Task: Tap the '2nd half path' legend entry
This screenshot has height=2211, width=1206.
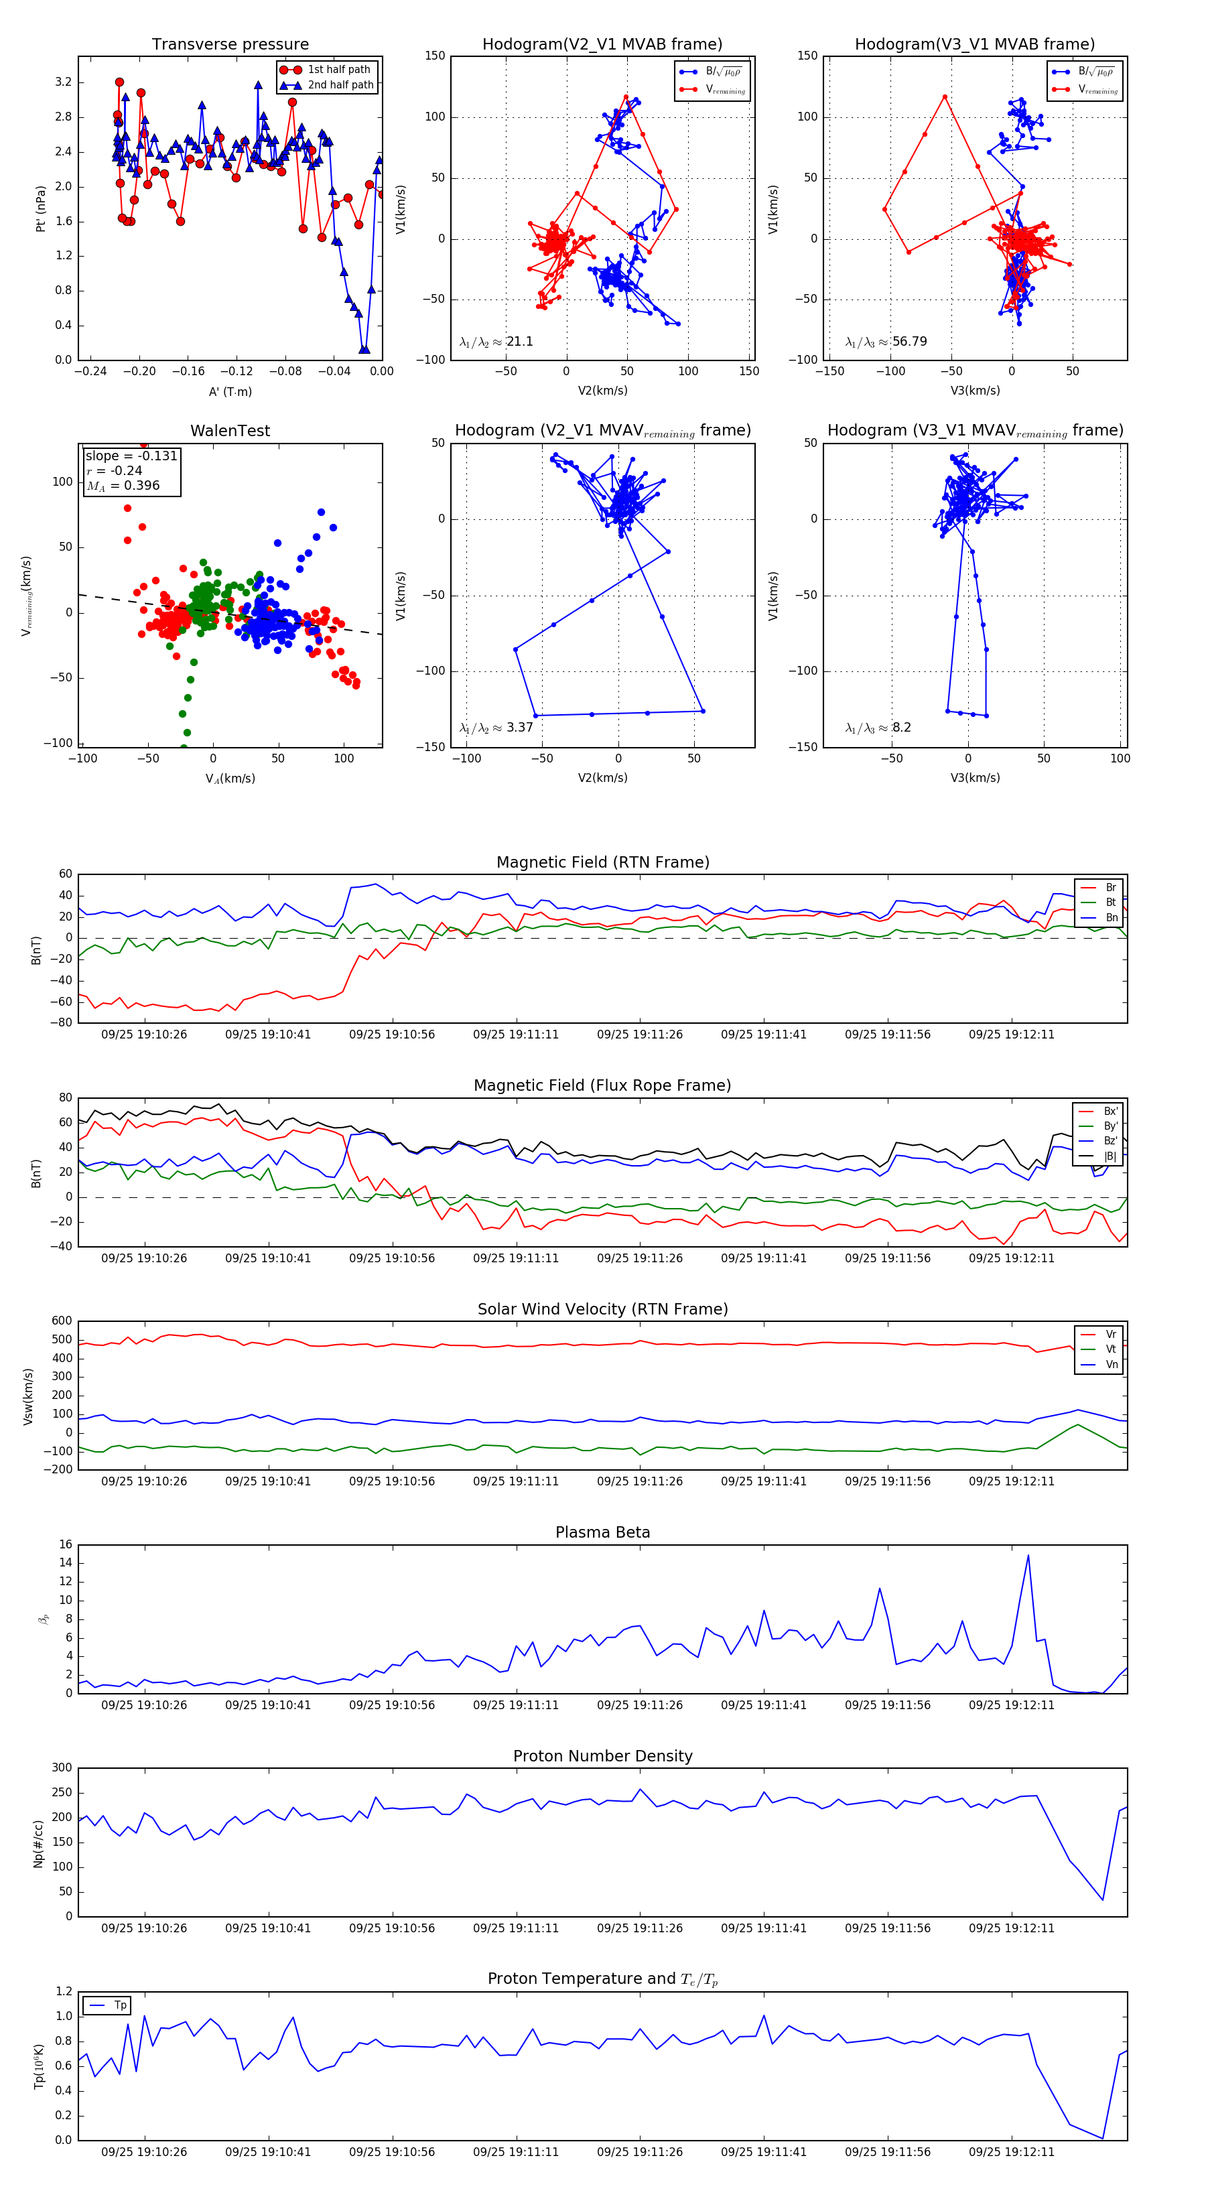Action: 340,85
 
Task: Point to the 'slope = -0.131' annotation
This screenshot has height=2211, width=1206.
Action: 131,456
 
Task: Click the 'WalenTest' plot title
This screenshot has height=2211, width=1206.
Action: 230,431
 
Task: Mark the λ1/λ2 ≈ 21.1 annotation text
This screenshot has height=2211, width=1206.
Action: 496,342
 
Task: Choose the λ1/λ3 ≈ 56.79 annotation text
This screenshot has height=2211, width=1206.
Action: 886,342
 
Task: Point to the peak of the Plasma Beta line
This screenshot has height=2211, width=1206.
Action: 1028,1555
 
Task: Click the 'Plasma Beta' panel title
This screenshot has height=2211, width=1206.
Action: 602,1532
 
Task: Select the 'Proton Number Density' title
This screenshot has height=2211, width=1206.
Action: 602,1756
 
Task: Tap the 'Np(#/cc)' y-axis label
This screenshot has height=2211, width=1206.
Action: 38,1842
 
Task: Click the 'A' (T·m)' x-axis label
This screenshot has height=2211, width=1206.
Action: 230,391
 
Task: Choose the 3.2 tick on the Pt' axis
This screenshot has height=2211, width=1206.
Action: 64,82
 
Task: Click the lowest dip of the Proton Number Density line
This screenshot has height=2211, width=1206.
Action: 1102,1900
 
